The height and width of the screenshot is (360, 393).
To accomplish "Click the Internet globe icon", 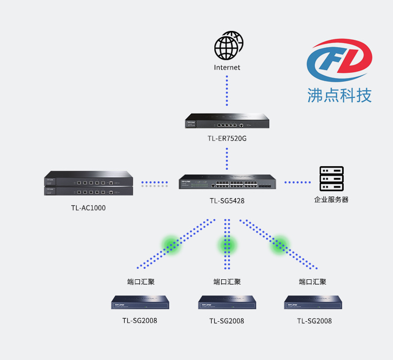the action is pyautogui.click(x=228, y=46).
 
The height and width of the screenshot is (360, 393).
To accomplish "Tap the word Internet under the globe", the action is pyautogui.click(x=227, y=68).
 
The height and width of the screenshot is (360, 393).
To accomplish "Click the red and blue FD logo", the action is pyautogui.click(x=340, y=60).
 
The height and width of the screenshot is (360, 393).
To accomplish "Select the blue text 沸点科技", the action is pyautogui.click(x=340, y=95).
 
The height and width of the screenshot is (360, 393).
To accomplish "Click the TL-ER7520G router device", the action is pyautogui.click(x=227, y=121).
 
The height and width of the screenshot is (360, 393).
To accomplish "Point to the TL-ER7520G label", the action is pyautogui.click(x=227, y=138).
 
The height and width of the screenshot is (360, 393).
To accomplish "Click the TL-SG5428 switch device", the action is pyautogui.click(x=227, y=182).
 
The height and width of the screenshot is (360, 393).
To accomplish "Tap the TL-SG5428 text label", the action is pyautogui.click(x=227, y=201).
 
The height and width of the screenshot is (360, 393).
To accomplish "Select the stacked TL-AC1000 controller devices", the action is pyautogui.click(x=89, y=183).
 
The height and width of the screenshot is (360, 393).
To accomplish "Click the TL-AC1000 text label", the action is pyautogui.click(x=88, y=208).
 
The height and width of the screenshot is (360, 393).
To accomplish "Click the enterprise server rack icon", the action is pyautogui.click(x=331, y=179).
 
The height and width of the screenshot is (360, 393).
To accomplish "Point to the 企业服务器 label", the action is pyautogui.click(x=331, y=200).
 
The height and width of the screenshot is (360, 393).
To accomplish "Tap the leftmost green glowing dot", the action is pyautogui.click(x=171, y=245).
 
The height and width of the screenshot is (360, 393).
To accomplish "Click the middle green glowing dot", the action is pyautogui.click(x=227, y=245).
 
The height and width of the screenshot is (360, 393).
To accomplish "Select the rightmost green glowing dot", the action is pyautogui.click(x=280, y=245).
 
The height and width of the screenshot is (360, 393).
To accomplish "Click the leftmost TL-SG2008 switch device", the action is pyautogui.click(x=140, y=302).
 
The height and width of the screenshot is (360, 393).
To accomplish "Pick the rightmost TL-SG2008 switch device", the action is pyautogui.click(x=313, y=302).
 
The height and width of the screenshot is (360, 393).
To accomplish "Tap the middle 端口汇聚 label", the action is pyautogui.click(x=227, y=282).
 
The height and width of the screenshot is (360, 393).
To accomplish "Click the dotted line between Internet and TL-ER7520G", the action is pyautogui.click(x=227, y=91).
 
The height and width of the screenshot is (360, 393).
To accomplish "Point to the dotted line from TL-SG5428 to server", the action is pyautogui.click(x=298, y=182).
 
